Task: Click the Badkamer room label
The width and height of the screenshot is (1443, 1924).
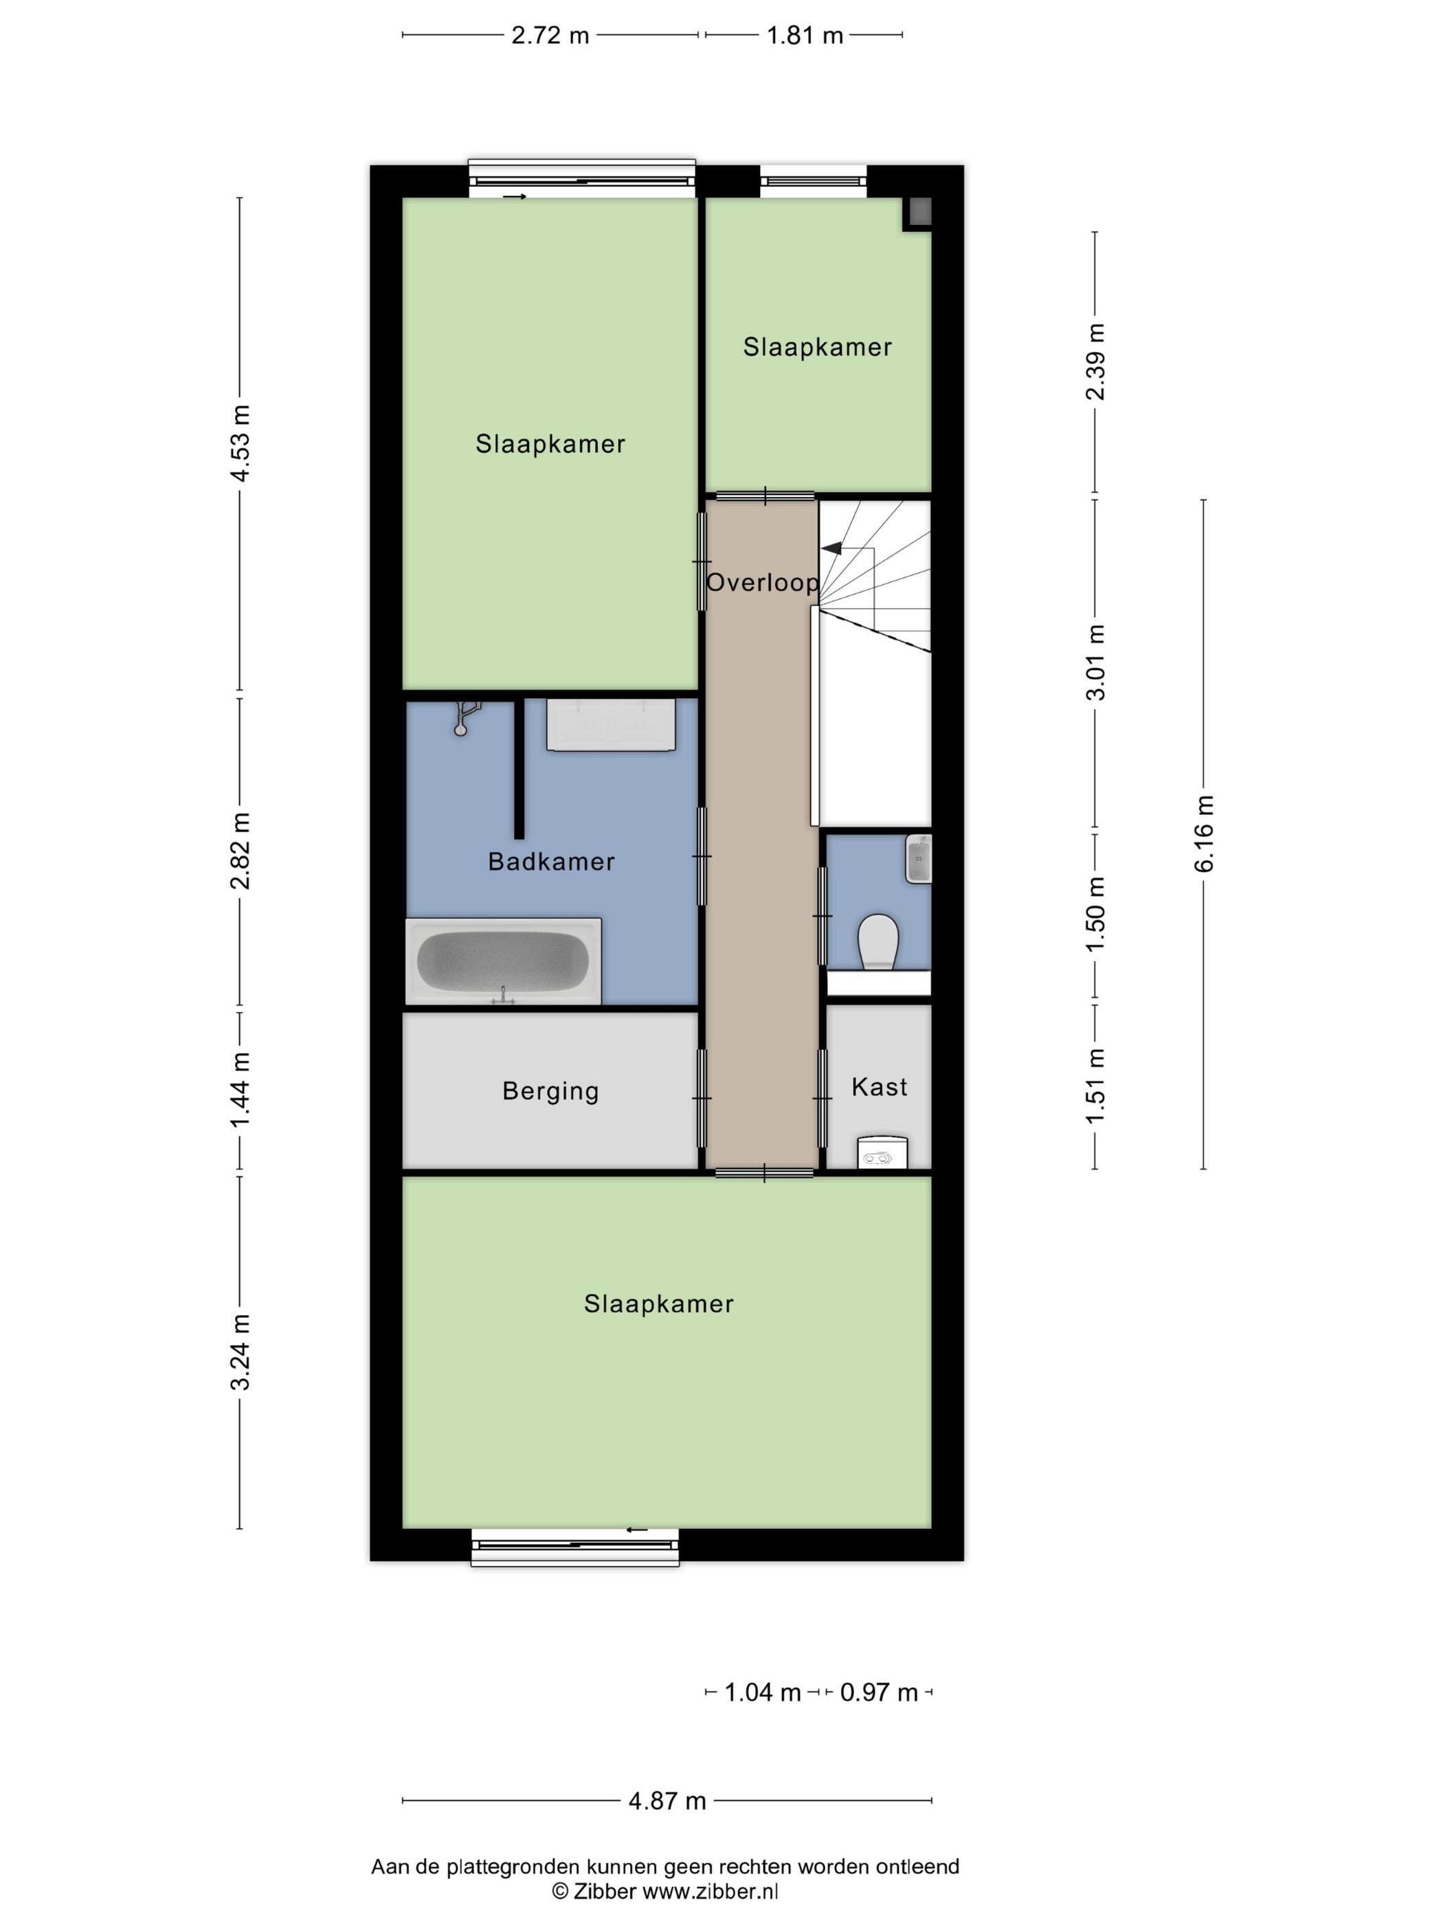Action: coord(552,862)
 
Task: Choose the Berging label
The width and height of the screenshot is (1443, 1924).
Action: coord(550,1092)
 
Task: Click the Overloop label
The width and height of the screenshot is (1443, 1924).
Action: coord(762,582)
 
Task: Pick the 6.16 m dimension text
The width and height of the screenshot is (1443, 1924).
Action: coord(1204,834)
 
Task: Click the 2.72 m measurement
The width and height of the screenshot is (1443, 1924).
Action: coord(550,36)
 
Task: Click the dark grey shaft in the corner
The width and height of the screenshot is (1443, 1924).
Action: coord(919,212)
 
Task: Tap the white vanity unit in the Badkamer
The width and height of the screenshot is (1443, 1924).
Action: coord(611,724)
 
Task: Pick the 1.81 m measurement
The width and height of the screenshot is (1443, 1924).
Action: coord(805,36)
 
